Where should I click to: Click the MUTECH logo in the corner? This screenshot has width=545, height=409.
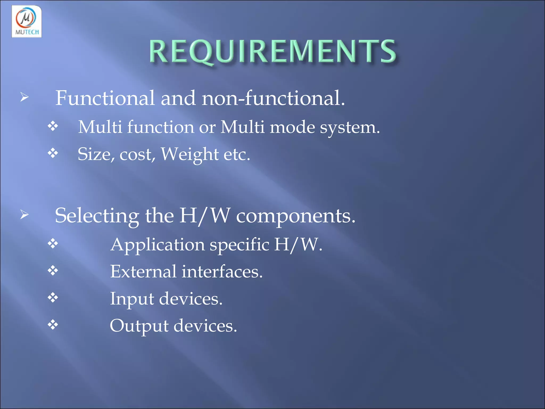27,22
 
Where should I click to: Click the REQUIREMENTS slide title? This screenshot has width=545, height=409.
273,52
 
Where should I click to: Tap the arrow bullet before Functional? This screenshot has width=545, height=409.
24,97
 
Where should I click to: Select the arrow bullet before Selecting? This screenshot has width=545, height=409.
24,214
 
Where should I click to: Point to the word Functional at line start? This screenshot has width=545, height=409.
105,98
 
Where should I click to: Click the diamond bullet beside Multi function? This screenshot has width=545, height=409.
53,126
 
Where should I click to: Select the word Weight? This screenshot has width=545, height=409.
190,154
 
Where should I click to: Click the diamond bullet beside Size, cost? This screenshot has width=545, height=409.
53,153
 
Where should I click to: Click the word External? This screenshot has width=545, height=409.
143,272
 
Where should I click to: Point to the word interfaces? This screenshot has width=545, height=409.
222,272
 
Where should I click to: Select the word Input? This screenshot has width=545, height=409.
132,299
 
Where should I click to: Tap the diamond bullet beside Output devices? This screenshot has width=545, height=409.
53,325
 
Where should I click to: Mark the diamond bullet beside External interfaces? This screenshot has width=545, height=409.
53,271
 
